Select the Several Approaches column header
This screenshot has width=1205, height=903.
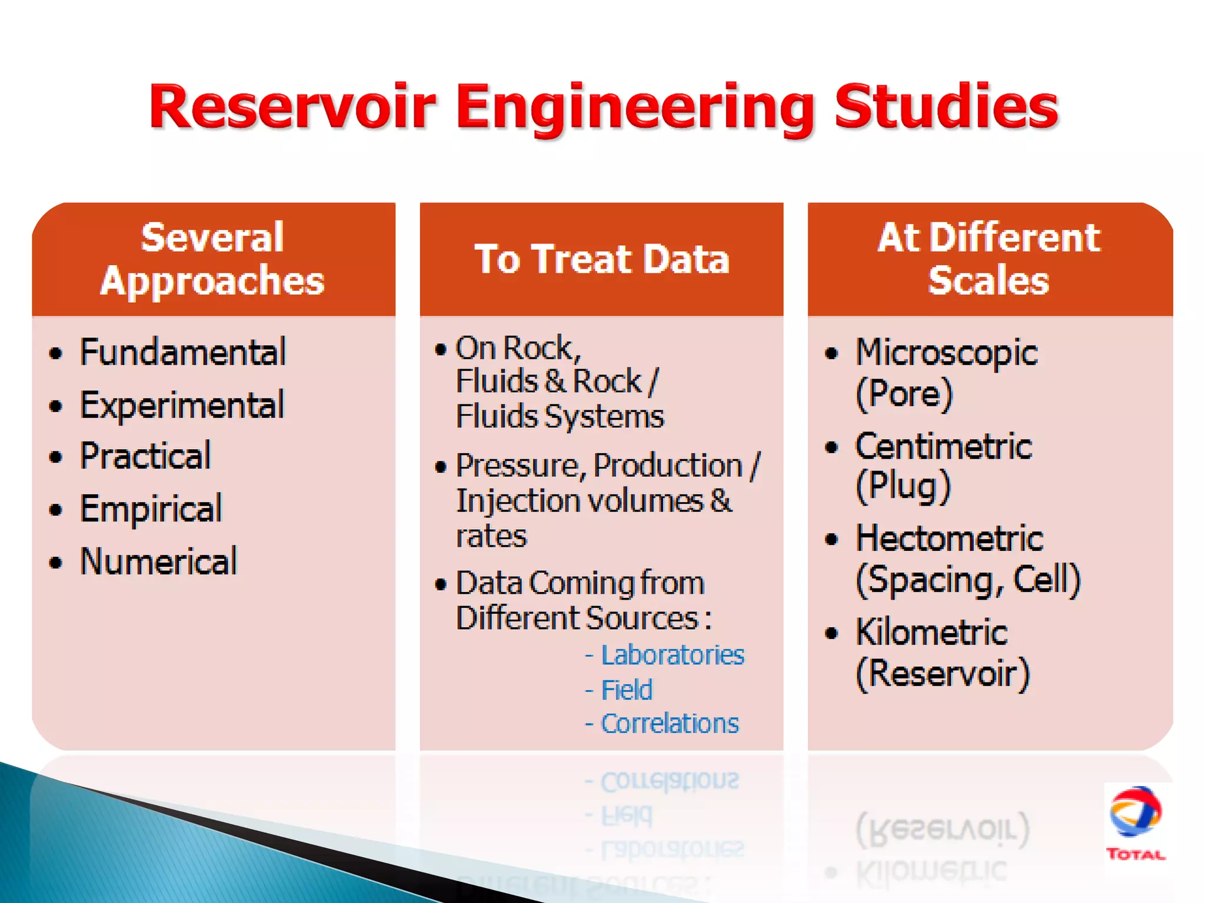pyautogui.click(x=212, y=259)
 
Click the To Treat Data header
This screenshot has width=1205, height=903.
pyautogui.click(x=601, y=259)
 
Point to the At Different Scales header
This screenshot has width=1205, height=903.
pyautogui.click(x=989, y=259)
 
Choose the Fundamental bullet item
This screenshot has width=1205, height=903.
pyautogui.click(x=183, y=353)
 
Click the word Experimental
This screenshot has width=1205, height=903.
pyautogui.click(x=182, y=405)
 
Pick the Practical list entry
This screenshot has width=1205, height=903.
pyautogui.click(x=145, y=456)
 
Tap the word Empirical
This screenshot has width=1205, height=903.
pyautogui.click(x=151, y=509)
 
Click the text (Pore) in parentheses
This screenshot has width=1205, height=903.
pyautogui.click(x=904, y=394)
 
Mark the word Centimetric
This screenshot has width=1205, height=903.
pyautogui.click(x=943, y=447)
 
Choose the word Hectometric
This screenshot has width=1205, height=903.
pyautogui.click(x=949, y=539)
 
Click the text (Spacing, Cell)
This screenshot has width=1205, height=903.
pyautogui.click(x=968, y=580)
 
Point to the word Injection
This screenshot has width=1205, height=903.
pyautogui.click(x=518, y=501)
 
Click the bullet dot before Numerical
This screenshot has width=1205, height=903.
pyautogui.click(x=56, y=563)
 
